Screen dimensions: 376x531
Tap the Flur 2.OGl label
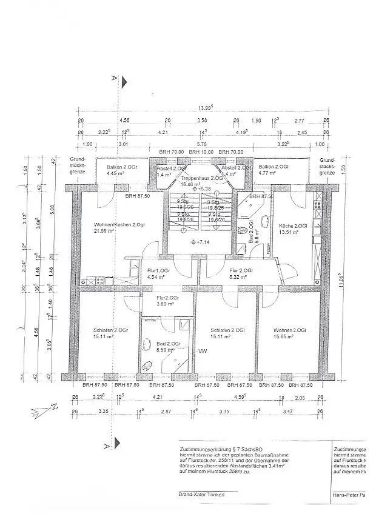pos(237,271)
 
